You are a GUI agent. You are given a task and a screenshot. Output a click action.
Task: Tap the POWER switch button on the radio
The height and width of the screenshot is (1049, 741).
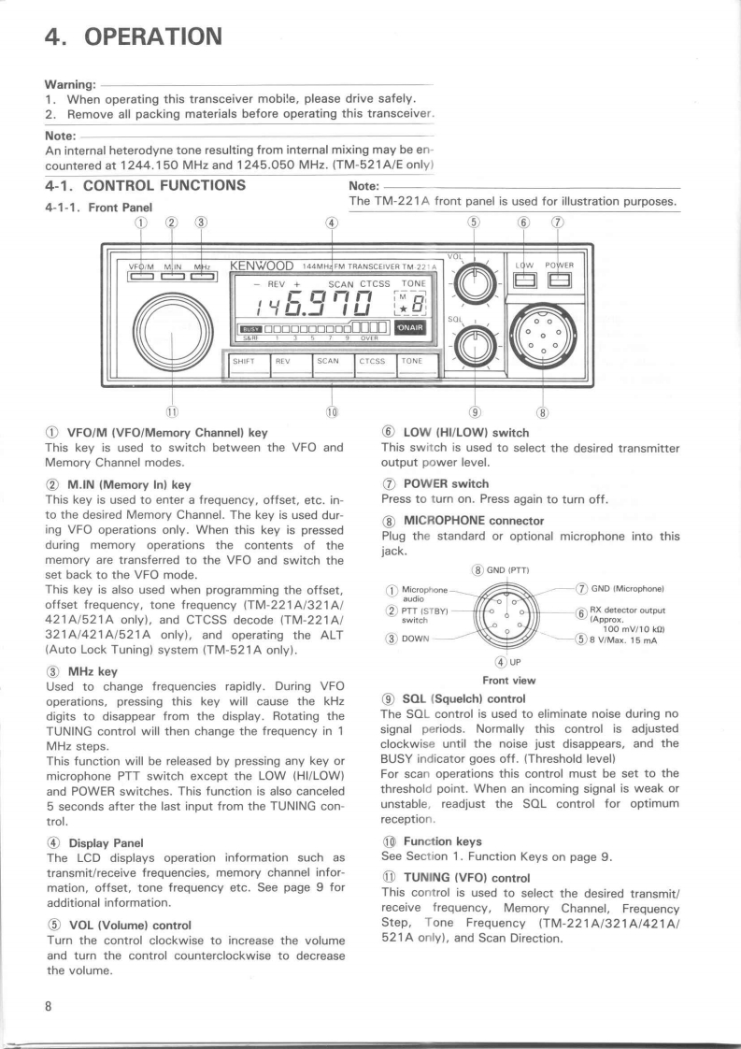[560, 280]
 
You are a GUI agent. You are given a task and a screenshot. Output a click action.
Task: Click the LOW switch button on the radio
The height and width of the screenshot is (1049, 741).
[520, 280]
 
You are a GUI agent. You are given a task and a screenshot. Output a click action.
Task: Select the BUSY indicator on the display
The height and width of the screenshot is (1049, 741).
[250, 328]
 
